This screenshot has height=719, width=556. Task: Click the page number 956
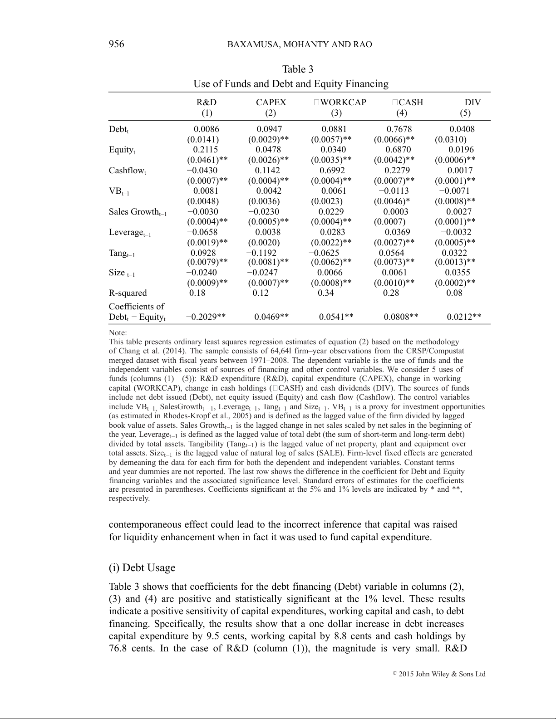tap(116, 44)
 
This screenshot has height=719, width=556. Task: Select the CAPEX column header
tap(271, 103)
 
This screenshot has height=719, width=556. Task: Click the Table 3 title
tap(297, 69)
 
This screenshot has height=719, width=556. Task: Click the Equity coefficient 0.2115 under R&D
tap(205, 150)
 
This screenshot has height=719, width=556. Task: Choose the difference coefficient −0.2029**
tap(206, 317)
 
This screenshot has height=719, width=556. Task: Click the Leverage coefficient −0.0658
tap(202, 232)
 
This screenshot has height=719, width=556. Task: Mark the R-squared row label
tap(128, 293)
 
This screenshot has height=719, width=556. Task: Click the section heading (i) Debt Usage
tap(142, 568)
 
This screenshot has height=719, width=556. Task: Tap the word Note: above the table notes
tap(118, 333)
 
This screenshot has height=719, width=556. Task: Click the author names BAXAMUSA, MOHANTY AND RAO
tap(299, 44)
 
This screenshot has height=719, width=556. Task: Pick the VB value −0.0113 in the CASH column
tap(393, 191)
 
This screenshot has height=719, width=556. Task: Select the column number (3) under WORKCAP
tap(336, 113)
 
